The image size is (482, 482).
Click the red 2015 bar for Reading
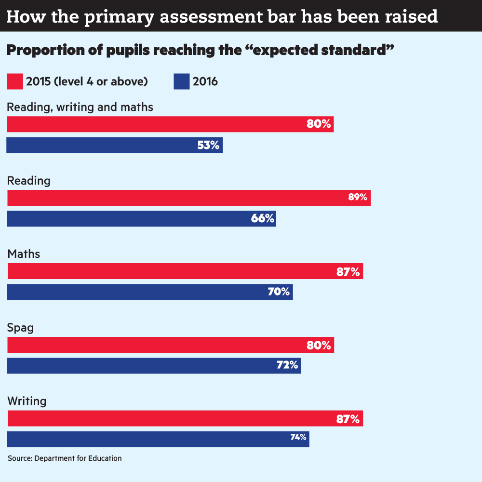188,198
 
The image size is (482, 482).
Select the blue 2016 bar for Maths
149,292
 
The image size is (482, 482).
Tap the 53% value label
208,145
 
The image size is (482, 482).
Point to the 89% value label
358,197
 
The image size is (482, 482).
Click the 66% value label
263,218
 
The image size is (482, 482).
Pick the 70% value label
279,292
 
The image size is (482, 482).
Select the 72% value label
287,365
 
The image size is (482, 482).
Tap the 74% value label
298,438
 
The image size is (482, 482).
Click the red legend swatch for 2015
15,81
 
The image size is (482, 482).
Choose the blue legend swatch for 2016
182,81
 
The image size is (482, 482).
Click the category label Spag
20,328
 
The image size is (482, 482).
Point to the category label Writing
27,401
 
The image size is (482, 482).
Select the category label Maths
24,254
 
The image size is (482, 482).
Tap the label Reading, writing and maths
80,107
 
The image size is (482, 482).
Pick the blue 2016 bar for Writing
154,439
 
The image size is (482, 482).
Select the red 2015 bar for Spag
169,345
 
